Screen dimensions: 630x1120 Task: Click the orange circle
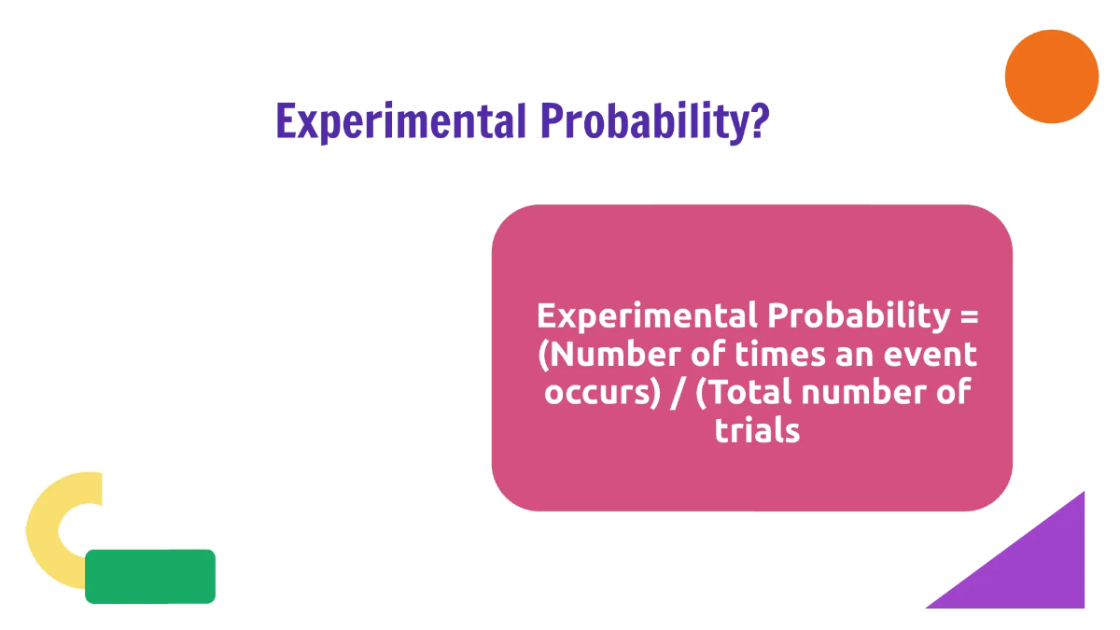pos(1052,77)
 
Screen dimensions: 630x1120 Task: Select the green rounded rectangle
pos(150,576)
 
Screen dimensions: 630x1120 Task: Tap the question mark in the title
pos(759,120)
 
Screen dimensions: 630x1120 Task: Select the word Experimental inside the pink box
pos(647,315)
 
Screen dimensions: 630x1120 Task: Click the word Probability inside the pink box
pos(857,315)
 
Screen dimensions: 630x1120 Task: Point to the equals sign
pos(969,315)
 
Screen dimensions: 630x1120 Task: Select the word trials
pos(757,430)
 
